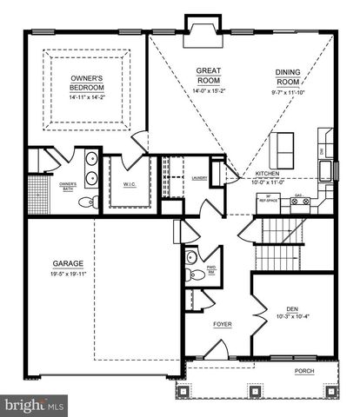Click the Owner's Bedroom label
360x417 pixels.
[89, 83]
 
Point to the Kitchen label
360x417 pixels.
[266, 175]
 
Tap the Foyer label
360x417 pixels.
[222, 325]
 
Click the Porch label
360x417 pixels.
[303, 371]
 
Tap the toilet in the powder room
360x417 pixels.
[198, 274]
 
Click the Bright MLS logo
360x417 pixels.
[35, 405]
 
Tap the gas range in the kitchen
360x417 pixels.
[301, 202]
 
